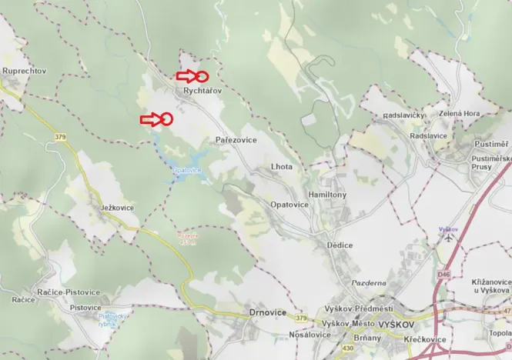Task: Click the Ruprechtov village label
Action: click(x=25, y=71)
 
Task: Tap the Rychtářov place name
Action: click(x=202, y=91)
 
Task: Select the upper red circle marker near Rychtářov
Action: click(x=202, y=76)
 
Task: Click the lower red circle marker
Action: click(x=166, y=118)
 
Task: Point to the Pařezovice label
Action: click(x=236, y=141)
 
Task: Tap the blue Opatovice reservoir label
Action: click(x=188, y=169)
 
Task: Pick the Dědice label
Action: click(x=340, y=245)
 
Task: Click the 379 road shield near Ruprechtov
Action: click(x=61, y=137)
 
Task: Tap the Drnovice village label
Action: click(x=268, y=312)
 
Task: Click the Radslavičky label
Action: click(x=404, y=116)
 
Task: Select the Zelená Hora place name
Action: click(x=460, y=113)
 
